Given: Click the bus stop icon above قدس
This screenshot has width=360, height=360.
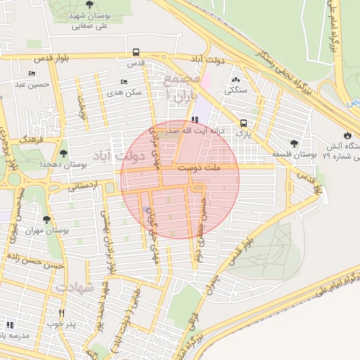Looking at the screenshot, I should pyautogui.click(x=135, y=52).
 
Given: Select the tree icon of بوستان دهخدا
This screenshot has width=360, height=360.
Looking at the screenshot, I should pyautogui.click(x=64, y=152).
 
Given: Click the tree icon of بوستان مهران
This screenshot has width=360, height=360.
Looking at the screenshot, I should pyautogui.click(x=46, y=219).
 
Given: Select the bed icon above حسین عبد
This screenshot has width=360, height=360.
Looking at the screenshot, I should pyautogui.click(x=32, y=73).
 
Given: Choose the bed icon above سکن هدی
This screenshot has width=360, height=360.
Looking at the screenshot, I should pyautogui.click(x=124, y=82).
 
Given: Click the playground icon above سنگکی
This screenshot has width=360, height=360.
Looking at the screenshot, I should pyautogui.click(x=234, y=80).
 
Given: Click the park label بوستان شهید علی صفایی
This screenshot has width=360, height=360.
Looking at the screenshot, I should pyautogui.click(x=89, y=19).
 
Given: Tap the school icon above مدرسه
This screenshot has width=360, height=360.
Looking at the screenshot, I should pyautogui.click(x=10, y=324).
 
